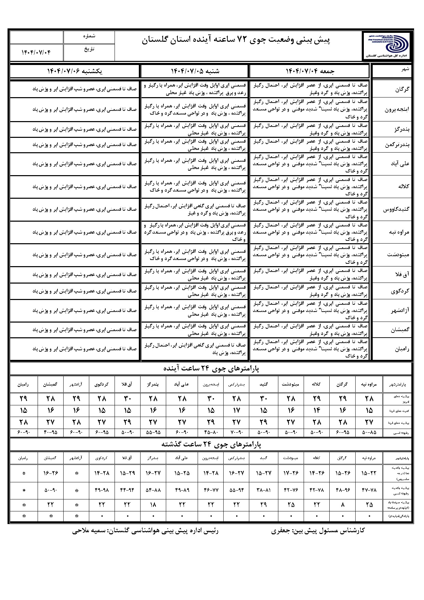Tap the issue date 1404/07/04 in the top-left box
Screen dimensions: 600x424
(36, 52)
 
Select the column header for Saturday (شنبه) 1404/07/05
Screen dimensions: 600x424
(195, 71)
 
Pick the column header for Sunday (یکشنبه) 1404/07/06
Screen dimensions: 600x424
(75, 71)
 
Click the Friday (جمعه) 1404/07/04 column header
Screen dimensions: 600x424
(310, 71)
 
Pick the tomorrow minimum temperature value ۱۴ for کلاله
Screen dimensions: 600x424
(317, 410)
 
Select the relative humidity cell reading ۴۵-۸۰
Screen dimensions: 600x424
(211, 432)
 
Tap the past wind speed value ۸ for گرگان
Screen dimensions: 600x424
(343, 505)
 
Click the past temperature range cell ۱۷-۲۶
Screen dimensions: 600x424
(291, 473)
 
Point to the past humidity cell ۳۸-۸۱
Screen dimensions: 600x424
(264, 490)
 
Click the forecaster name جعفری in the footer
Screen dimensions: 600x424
(280, 531)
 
